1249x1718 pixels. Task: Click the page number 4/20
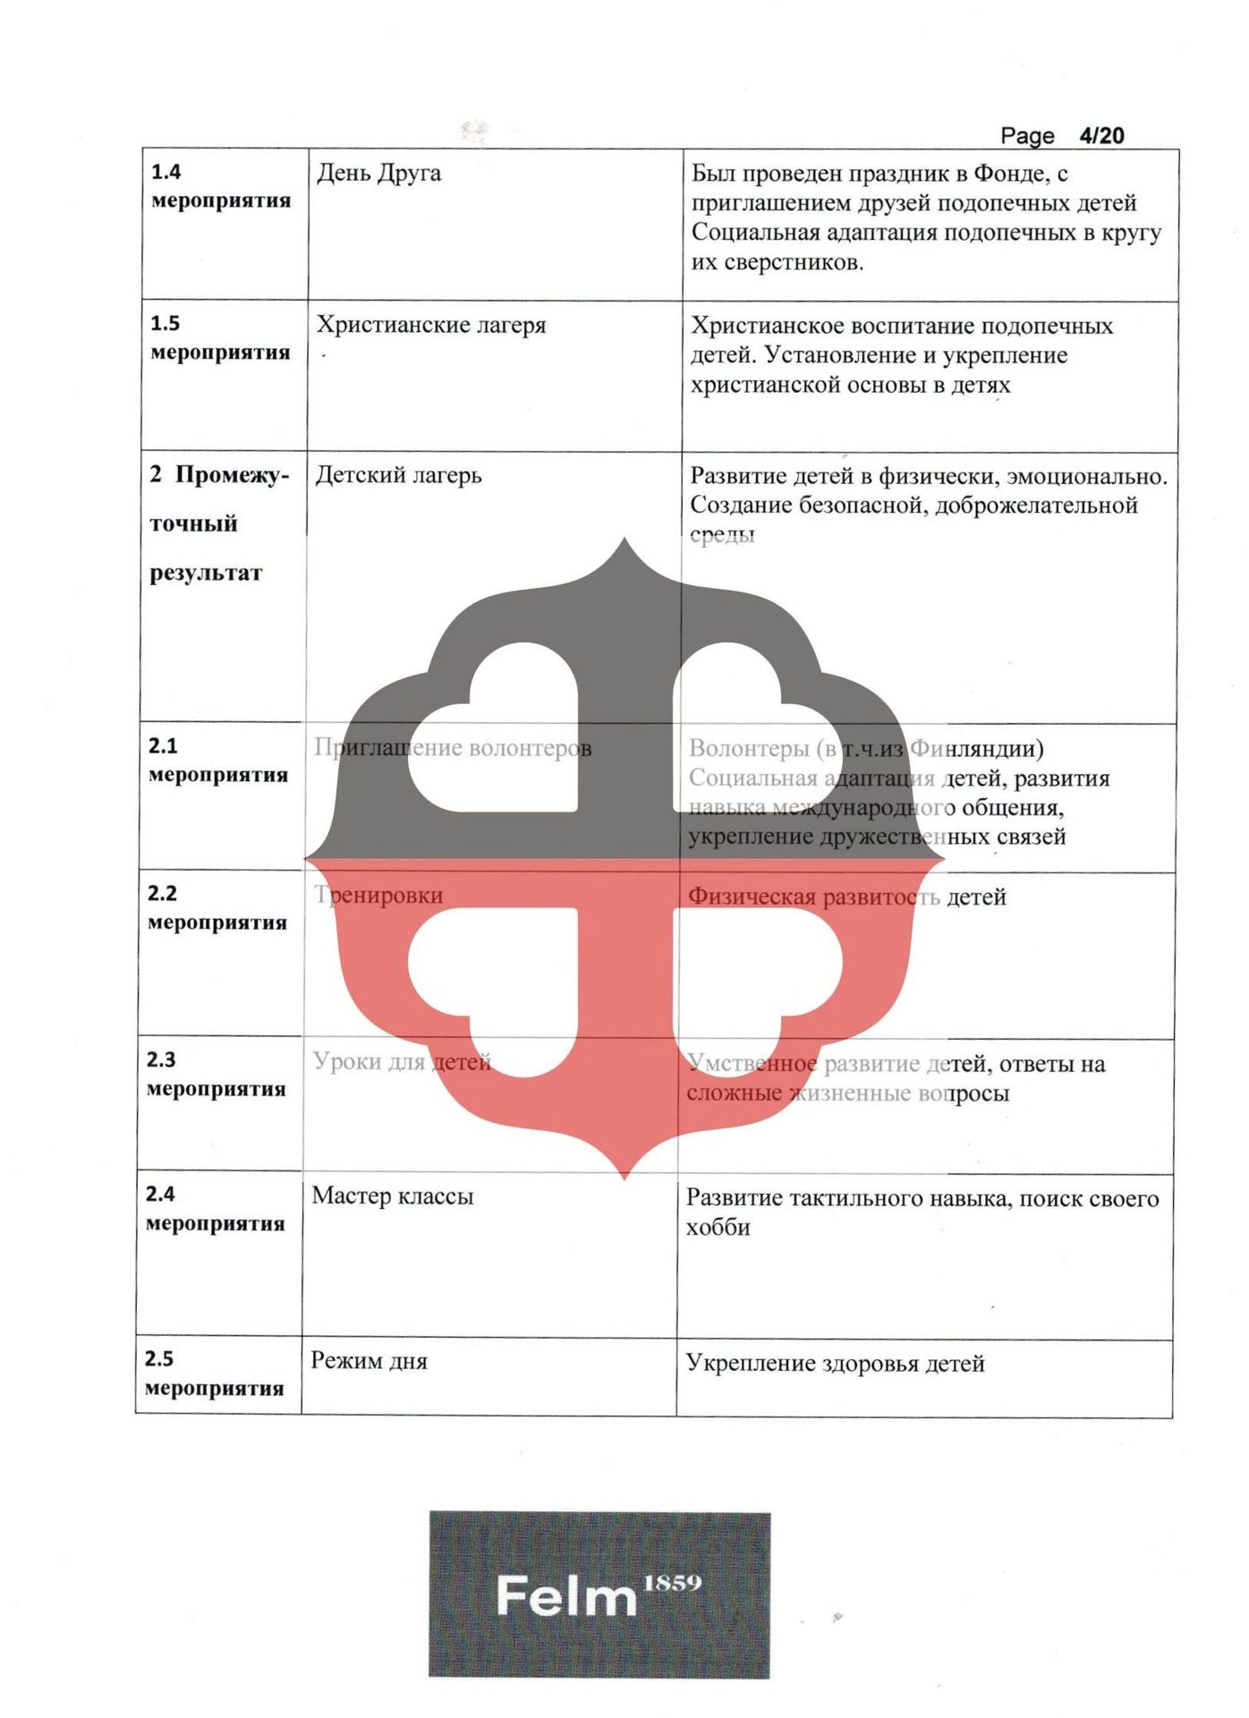tap(1100, 135)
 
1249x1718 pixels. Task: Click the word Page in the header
tap(1027, 136)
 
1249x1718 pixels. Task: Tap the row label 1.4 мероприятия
tap(220, 186)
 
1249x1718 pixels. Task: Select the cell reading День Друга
tap(378, 173)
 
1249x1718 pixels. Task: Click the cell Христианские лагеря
tap(430, 325)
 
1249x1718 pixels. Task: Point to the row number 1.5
tap(165, 323)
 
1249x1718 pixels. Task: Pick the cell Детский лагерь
tap(398, 475)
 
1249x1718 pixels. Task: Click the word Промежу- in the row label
tap(232, 475)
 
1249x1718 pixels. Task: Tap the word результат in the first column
tap(206, 573)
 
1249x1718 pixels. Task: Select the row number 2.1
tap(163, 745)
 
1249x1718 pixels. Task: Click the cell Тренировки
tap(378, 895)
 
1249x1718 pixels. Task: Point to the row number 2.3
tap(161, 1059)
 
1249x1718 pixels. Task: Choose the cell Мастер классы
tap(392, 1196)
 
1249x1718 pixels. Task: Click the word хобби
tap(718, 1228)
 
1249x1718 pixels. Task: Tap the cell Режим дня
tap(369, 1361)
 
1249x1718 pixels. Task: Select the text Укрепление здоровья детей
tap(835, 1363)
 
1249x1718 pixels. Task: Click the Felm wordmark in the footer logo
tap(565, 1596)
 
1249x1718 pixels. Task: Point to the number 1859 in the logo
tap(673, 1583)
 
